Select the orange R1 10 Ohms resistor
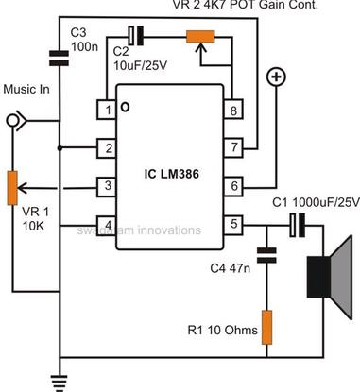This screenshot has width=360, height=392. tap(266, 325)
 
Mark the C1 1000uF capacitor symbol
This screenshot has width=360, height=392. tap(296, 224)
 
